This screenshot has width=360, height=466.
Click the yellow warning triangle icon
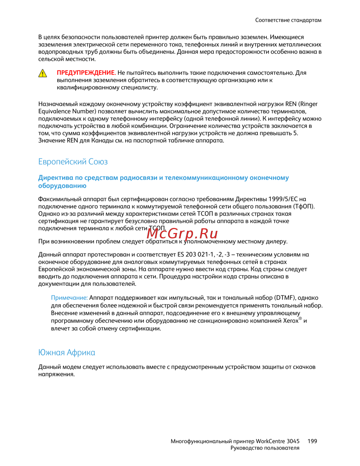click(x=43, y=73)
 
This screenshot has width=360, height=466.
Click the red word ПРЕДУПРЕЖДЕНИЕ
click(x=86, y=73)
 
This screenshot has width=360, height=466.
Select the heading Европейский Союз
click(x=73, y=162)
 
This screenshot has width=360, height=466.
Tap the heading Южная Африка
click(x=67, y=352)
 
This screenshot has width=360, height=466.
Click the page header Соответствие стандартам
click(x=288, y=20)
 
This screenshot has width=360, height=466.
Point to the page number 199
click(x=312, y=441)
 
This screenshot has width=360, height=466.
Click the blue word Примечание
click(x=69, y=298)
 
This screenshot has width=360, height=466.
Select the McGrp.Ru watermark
click(x=183, y=234)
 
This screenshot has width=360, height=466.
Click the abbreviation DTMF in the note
click(x=284, y=298)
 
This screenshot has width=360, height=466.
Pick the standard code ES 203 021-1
click(x=196, y=255)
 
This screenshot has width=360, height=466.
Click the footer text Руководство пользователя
click(x=265, y=448)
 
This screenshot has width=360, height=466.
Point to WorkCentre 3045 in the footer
click(x=278, y=441)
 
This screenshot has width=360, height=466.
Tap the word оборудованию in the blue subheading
click(x=62, y=186)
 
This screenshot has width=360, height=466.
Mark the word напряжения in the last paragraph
click(x=56, y=374)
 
